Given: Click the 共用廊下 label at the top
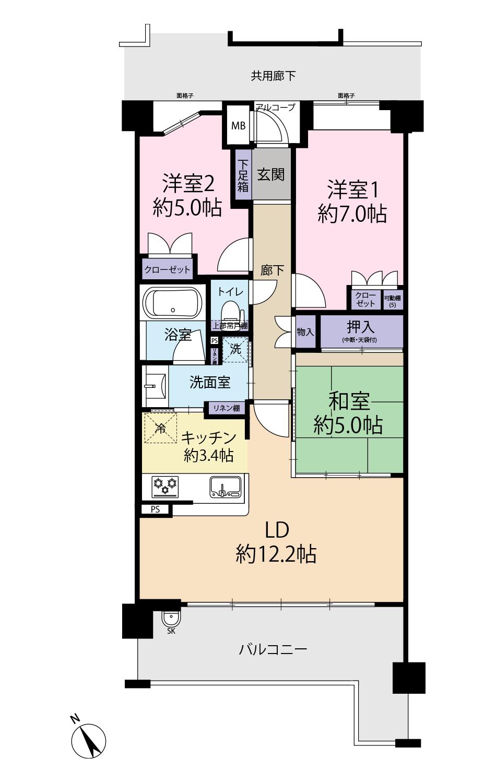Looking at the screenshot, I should (x=273, y=76).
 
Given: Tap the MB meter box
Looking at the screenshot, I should (x=239, y=126).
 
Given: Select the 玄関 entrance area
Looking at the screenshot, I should (x=271, y=174).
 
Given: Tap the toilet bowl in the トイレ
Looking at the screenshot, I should (x=230, y=312).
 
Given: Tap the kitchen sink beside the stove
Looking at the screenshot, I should (x=226, y=487).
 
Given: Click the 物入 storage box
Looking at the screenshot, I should (x=305, y=332).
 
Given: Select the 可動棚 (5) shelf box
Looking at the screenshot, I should (x=393, y=300).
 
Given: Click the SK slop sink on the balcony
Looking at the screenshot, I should (x=171, y=619).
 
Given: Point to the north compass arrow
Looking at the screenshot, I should (x=90, y=741).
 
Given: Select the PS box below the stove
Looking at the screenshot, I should (x=156, y=509).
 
